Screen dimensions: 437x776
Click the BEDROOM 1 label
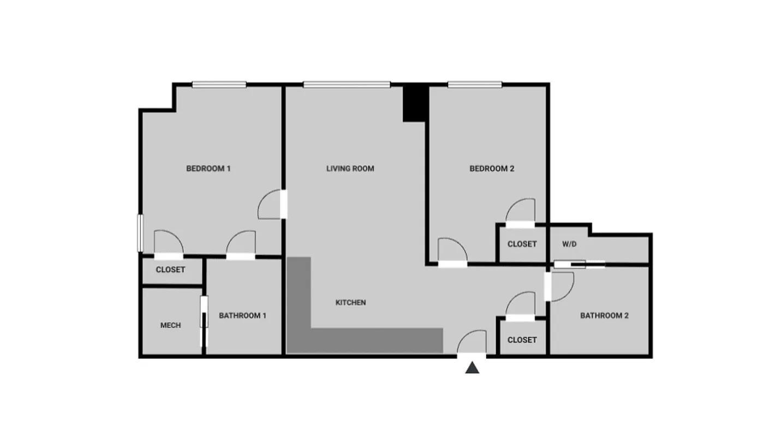[x=208, y=168]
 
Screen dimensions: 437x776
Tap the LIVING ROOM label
[x=350, y=168]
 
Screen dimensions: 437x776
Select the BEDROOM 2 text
[x=492, y=168]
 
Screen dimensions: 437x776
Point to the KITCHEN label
[x=350, y=302]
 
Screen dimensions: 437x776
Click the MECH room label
[x=170, y=325]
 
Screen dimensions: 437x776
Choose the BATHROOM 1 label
[x=242, y=315]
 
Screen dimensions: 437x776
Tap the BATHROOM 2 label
[x=604, y=315]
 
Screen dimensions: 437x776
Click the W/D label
[x=569, y=244]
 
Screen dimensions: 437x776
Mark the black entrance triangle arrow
[x=472, y=368]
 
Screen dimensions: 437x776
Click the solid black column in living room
[x=414, y=104]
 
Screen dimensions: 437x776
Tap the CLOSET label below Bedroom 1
[x=170, y=269]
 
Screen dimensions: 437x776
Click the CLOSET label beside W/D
[x=522, y=244]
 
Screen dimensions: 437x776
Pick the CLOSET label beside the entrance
[x=522, y=339]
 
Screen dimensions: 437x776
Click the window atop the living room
[x=347, y=84]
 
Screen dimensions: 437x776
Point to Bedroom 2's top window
[x=475, y=84]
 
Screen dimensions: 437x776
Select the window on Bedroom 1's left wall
[x=139, y=233]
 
